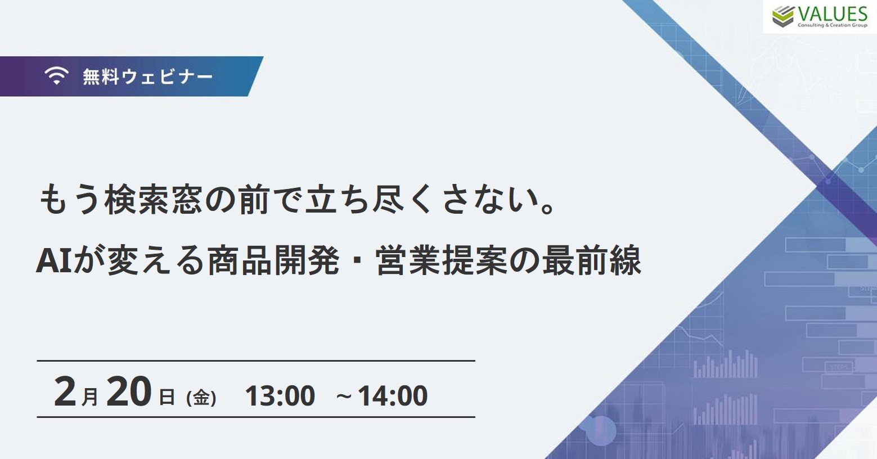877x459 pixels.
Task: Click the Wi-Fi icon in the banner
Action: tap(56, 75)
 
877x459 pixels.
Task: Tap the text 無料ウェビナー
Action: tap(147, 76)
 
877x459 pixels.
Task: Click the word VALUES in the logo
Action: tap(833, 14)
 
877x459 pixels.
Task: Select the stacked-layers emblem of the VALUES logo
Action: tap(782, 17)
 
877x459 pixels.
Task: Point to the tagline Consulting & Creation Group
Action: tap(833, 25)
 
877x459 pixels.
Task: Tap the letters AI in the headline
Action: tap(53, 261)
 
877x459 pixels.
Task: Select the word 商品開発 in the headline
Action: tap(273, 261)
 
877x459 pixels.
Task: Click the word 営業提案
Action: tap(441, 261)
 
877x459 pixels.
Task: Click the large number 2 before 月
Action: tap(65, 391)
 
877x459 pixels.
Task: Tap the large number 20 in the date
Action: tap(129, 391)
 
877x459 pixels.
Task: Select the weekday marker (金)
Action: tap(201, 398)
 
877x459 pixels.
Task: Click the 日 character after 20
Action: tap(167, 397)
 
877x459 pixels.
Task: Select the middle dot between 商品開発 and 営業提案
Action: tap(357, 261)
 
